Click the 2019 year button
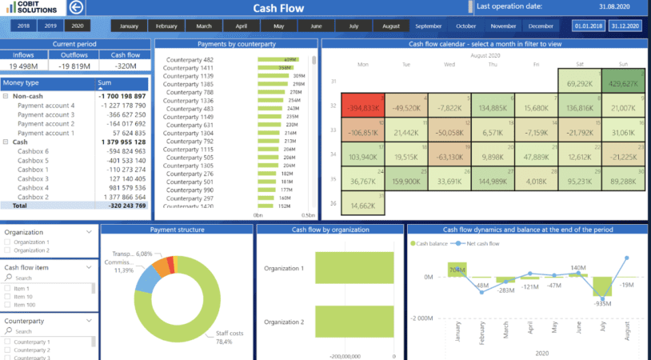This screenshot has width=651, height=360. [50, 26]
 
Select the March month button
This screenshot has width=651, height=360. [204, 26]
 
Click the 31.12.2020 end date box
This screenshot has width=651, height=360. [625, 26]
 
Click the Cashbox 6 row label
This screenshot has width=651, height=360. [34, 150]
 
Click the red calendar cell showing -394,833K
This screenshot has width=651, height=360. [363, 108]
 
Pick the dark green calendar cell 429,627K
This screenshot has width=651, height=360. [622, 82]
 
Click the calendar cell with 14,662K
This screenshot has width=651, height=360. [363, 206]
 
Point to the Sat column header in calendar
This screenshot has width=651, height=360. [579, 64]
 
